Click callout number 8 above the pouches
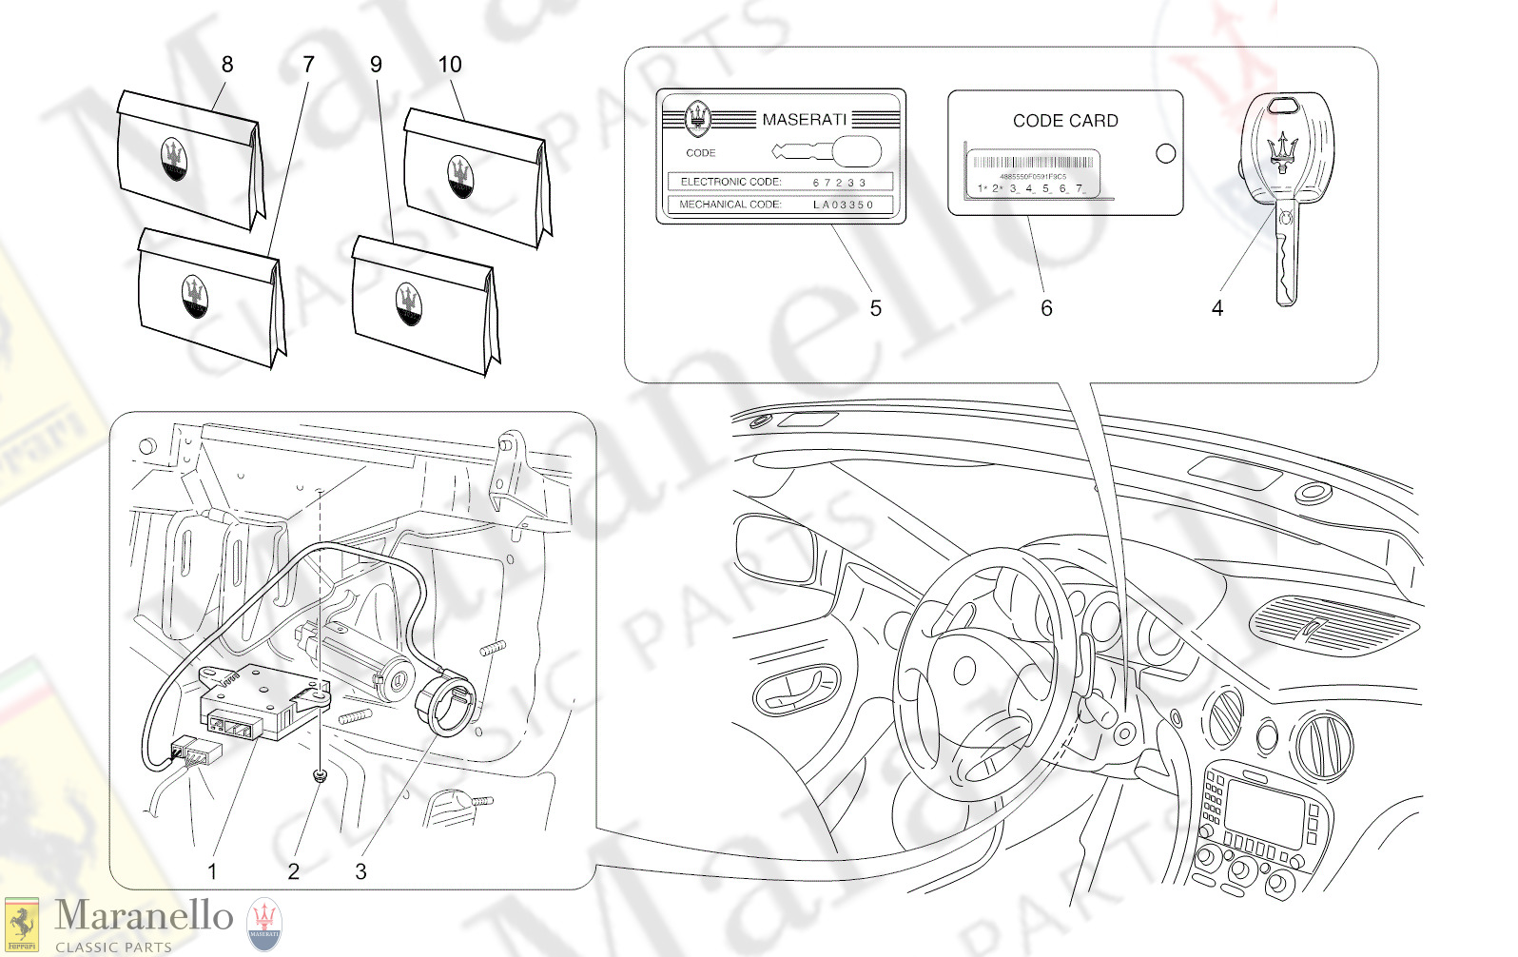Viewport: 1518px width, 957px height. [226, 64]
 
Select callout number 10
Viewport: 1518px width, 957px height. [449, 64]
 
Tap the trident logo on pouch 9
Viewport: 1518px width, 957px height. [409, 303]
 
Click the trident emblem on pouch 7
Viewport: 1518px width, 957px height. [195, 297]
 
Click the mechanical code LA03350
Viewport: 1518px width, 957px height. [843, 205]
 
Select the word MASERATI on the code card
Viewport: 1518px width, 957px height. [804, 119]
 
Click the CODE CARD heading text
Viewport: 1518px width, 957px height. [1065, 121]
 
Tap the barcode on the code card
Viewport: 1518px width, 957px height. [1033, 163]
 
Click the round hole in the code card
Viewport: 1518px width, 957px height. [1165, 153]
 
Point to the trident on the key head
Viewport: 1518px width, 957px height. [1283, 150]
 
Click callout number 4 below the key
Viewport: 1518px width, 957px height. [1216, 308]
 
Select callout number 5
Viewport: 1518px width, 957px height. [875, 308]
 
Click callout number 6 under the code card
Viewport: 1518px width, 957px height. [1046, 308]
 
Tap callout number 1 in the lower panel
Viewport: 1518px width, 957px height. [212, 871]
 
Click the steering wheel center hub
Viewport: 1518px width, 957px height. [965, 670]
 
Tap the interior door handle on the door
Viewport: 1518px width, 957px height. [796, 687]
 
